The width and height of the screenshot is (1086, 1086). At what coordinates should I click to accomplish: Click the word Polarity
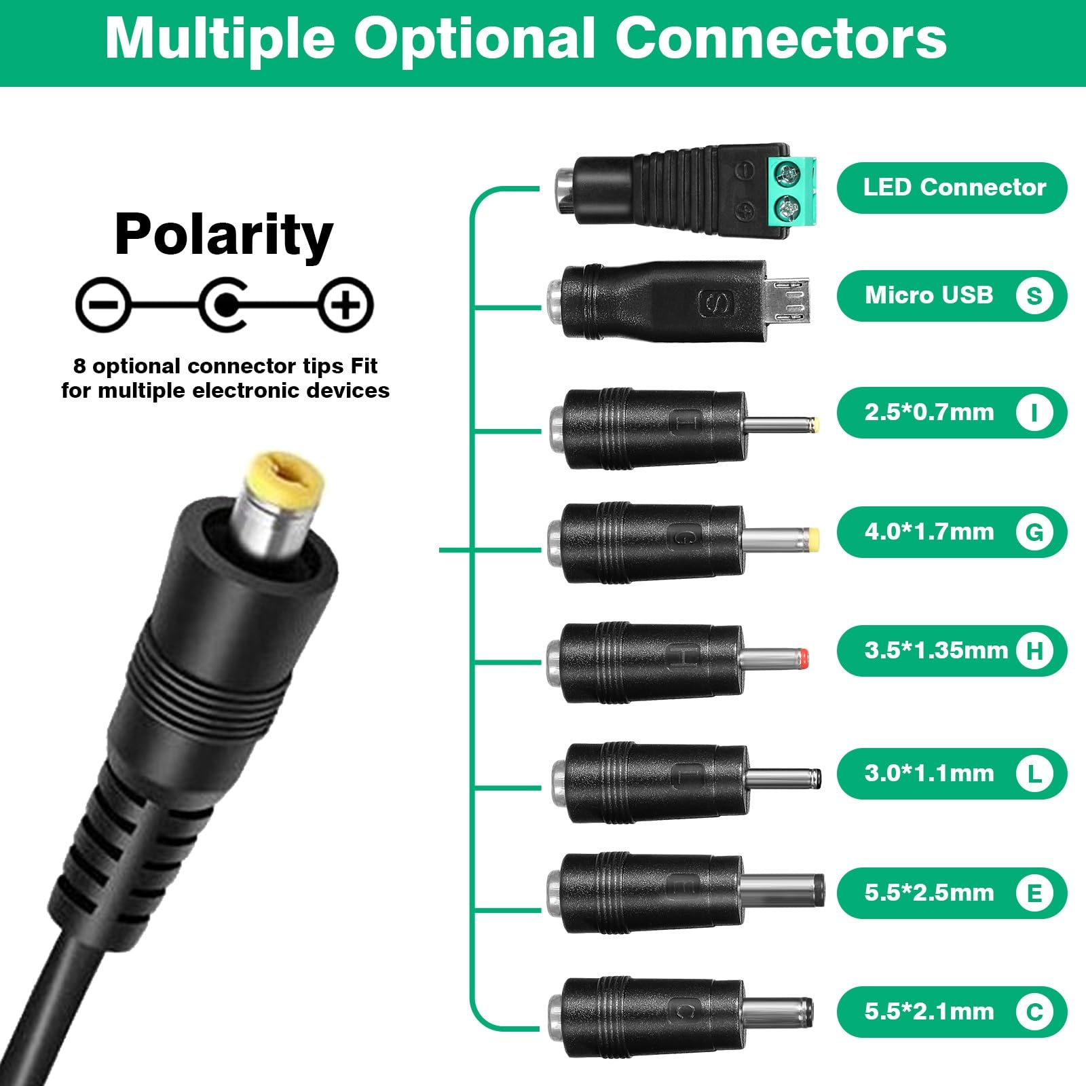(224, 235)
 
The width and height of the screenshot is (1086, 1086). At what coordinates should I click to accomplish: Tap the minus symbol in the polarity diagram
(102, 304)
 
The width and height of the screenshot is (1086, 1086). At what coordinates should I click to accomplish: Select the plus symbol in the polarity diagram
(347, 304)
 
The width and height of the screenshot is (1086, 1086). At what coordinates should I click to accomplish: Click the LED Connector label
(954, 187)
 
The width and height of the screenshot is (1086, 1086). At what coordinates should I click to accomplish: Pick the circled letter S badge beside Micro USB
(1034, 295)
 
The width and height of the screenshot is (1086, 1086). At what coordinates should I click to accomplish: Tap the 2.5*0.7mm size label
(929, 412)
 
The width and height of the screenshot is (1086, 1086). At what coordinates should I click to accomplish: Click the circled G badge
(1034, 531)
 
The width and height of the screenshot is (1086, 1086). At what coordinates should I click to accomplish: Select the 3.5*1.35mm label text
(936, 650)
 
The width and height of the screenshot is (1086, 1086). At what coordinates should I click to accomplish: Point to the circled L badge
(1034, 773)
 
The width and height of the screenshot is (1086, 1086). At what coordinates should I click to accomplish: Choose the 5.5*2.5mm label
(929, 893)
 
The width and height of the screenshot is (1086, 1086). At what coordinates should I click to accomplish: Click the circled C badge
(1034, 1012)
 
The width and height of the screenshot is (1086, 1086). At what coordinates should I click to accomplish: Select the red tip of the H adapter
(804, 657)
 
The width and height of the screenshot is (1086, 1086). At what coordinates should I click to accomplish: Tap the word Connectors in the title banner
(781, 39)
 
